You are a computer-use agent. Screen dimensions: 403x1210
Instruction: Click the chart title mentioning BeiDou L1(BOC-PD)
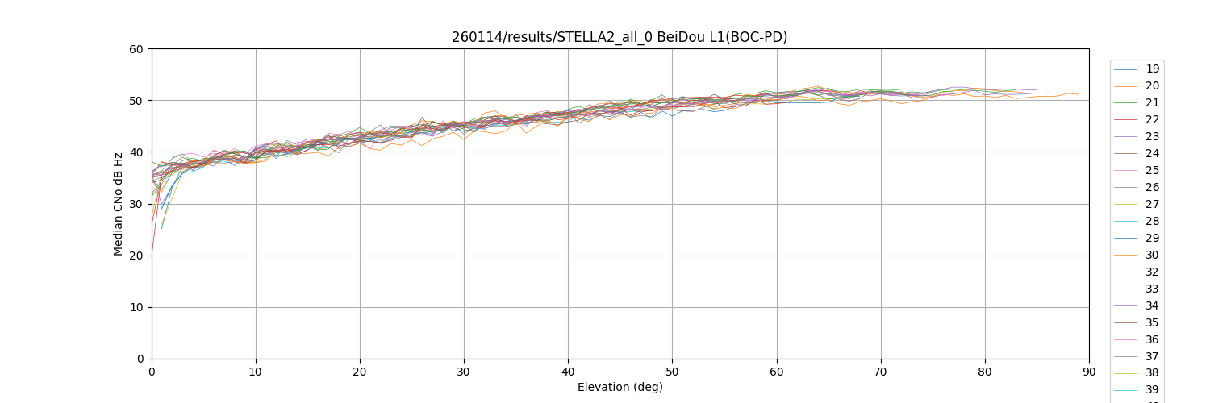pyautogui.click(x=619, y=37)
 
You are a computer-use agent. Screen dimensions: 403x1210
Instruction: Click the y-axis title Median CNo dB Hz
pyautogui.click(x=119, y=204)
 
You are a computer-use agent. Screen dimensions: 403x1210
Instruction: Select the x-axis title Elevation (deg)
pyautogui.click(x=620, y=387)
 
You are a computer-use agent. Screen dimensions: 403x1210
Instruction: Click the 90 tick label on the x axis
pyautogui.click(x=1088, y=372)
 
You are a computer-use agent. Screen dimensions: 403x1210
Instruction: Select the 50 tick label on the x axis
pyautogui.click(x=672, y=372)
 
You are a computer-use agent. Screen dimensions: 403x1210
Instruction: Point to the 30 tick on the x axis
pyautogui.click(x=464, y=372)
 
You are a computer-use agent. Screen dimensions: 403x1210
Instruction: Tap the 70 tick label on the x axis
pyautogui.click(x=880, y=372)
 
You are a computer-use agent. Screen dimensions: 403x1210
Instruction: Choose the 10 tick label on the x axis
pyautogui.click(x=256, y=372)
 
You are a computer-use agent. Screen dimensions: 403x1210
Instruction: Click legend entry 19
pyautogui.click(x=1153, y=69)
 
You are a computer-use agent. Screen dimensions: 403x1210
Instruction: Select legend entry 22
pyautogui.click(x=1153, y=120)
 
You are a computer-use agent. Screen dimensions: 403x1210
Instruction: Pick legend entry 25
pyautogui.click(x=1153, y=171)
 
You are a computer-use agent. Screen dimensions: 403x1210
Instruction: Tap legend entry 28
pyautogui.click(x=1153, y=222)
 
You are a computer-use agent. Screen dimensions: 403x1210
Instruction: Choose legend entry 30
pyautogui.click(x=1153, y=256)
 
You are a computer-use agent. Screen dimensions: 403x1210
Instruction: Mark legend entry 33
pyautogui.click(x=1153, y=289)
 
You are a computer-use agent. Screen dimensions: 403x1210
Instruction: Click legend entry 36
pyautogui.click(x=1153, y=340)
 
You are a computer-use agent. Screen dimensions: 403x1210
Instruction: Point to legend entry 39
pyautogui.click(x=1153, y=391)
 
